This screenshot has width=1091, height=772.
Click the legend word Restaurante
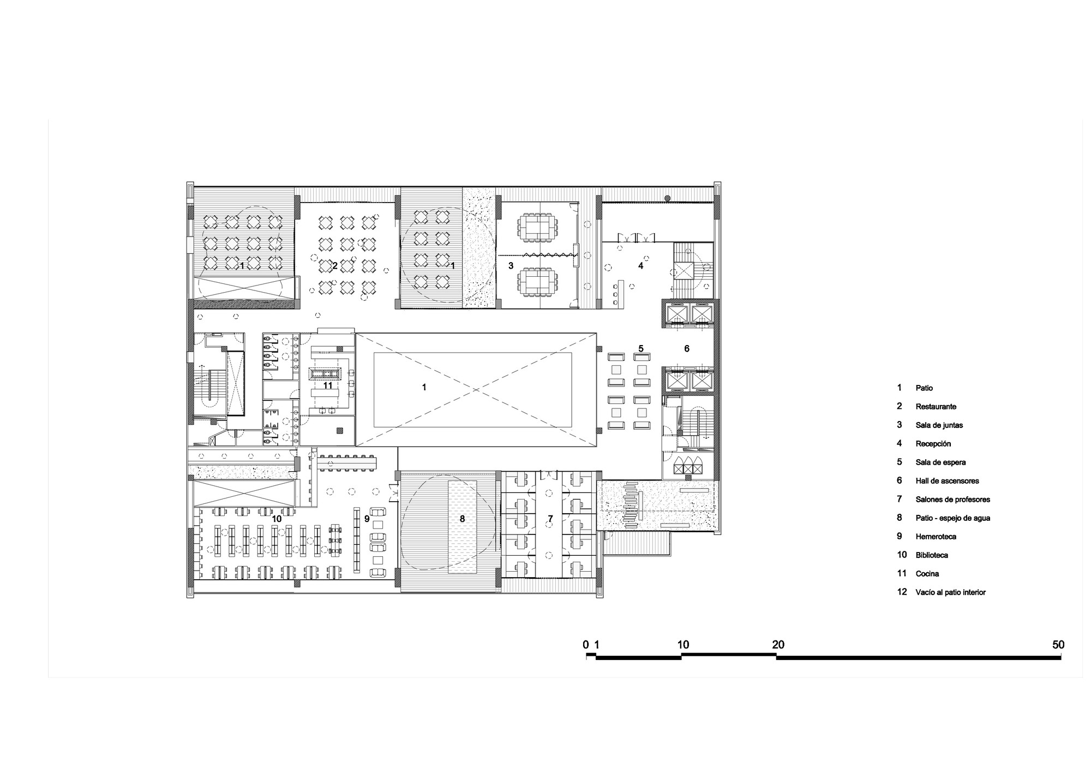(x=936, y=407)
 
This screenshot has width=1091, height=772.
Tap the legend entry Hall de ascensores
(x=947, y=481)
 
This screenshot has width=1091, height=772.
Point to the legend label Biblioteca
(x=932, y=555)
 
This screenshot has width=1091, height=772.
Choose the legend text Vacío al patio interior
(x=950, y=592)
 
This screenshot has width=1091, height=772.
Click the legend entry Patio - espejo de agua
(x=952, y=518)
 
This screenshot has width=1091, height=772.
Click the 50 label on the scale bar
(x=1058, y=645)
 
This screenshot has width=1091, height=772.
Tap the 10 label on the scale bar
(x=683, y=645)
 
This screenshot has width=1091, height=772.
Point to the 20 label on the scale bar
(x=778, y=645)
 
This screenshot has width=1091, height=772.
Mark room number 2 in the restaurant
(x=335, y=266)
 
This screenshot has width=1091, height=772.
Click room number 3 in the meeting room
(x=511, y=266)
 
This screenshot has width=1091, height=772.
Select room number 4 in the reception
(x=641, y=266)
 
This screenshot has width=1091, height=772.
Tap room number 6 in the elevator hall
(x=687, y=348)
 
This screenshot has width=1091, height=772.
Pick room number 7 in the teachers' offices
(x=550, y=518)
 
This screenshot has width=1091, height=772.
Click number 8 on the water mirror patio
(x=462, y=518)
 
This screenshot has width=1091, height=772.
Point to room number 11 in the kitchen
(x=328, y=385)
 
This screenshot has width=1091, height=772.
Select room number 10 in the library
(x=277, y=518)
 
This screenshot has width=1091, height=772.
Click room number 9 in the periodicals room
(x=367, y=518)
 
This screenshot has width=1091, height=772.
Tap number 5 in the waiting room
(x=641, y=348)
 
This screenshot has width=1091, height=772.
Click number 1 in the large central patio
(x=424, y=387)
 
